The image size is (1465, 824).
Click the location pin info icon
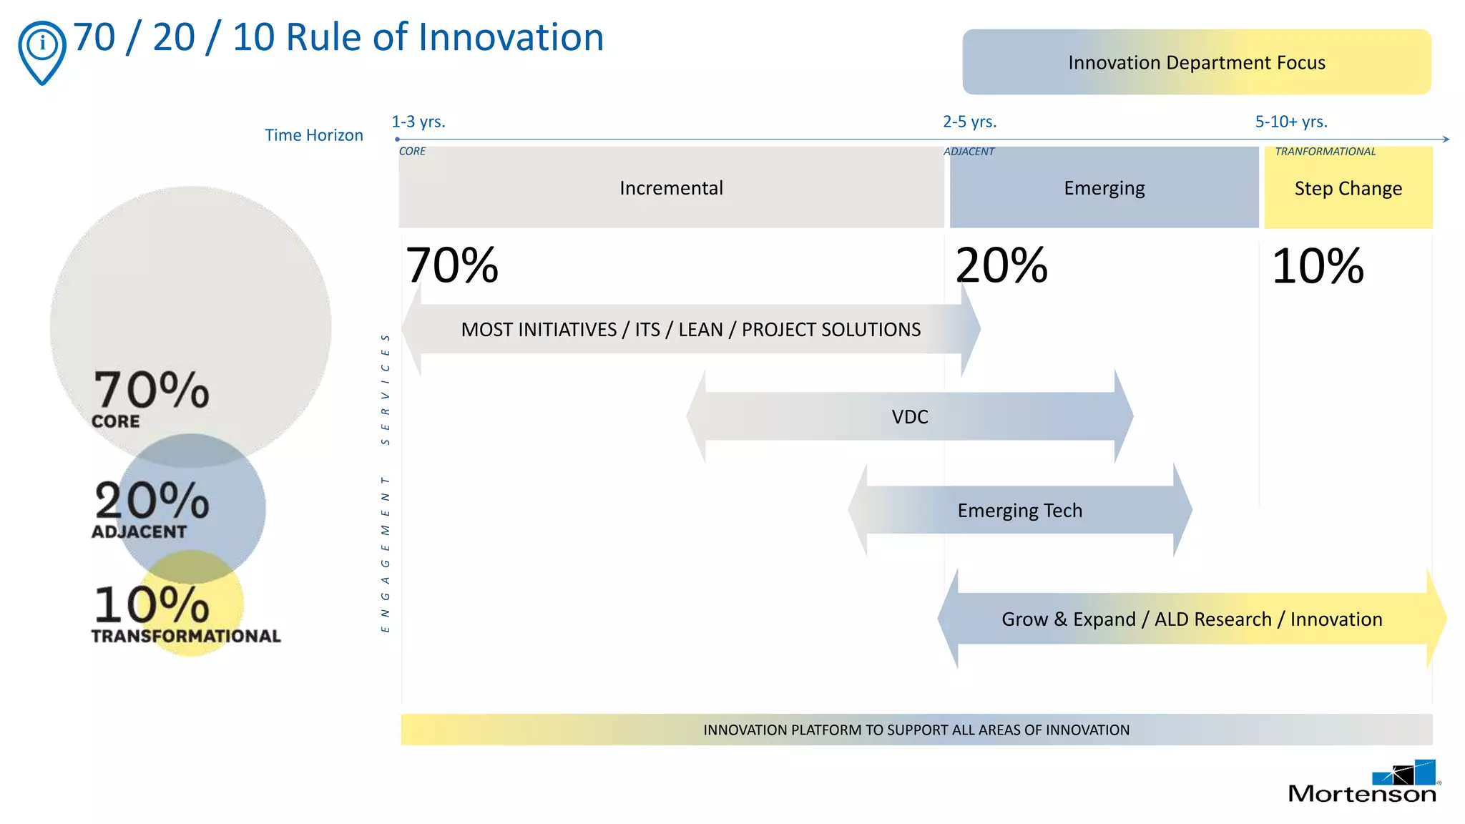[42, 50]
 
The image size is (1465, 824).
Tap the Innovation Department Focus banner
[1196, 62]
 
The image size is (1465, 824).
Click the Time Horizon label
[314, 135]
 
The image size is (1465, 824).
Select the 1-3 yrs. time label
[418, 122]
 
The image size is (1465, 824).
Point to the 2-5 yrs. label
[969, 122]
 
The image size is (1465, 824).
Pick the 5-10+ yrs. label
[1291, 122]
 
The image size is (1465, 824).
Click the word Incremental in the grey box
[671, 188]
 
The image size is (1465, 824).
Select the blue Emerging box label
[1104, 188]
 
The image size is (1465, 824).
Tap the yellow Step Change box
[1348, 188]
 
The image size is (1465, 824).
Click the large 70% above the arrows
[452, 265]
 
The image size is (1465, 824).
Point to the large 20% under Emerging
[1001, 265]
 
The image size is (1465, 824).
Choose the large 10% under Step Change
[1318, 266]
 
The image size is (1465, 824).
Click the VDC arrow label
[909, 416]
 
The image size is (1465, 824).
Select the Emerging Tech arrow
[1019, 510]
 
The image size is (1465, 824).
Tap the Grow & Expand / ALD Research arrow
[1192, 619]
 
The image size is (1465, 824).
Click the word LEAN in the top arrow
[700, 330]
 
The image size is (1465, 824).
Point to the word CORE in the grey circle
[116, 421]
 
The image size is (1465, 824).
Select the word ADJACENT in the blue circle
[139, 531]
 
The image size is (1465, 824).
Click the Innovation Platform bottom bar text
[916, 730]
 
